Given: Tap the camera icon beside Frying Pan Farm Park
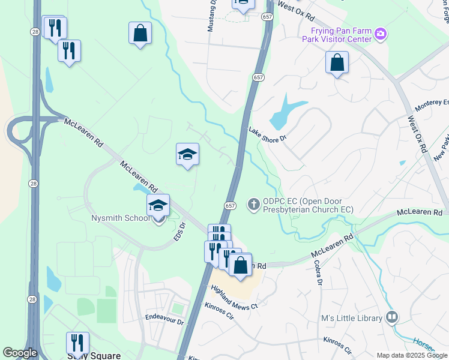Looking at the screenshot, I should [380, 33].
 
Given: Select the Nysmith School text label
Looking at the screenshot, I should [120, 218].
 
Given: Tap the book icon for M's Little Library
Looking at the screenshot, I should [393, 317].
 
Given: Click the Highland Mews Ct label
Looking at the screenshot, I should [234, 298].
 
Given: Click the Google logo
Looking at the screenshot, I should [20, 353].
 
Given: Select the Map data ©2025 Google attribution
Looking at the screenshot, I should [412, 355].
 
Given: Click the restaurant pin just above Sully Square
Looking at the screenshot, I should [77, 343].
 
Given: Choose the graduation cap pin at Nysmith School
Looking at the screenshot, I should [158, 206].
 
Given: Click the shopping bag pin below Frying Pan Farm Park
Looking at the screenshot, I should [337, 62].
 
